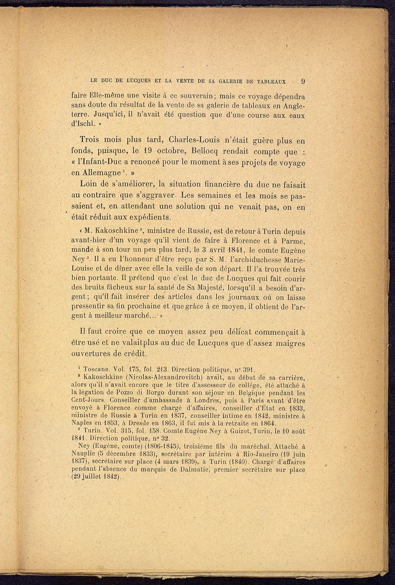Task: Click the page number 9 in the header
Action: click(x=303, y=81)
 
